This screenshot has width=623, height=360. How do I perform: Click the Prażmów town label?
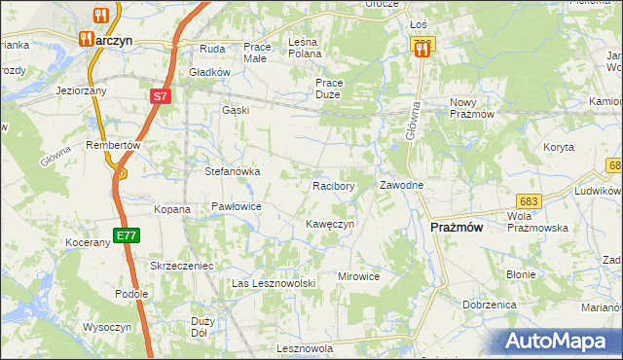pos(456,226)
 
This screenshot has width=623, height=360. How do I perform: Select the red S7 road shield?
pos(161,97)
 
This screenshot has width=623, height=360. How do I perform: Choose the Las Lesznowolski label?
pos(274,283)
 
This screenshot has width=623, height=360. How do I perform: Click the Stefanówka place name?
pos(232,171)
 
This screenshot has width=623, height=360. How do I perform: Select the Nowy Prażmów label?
pos(474,108)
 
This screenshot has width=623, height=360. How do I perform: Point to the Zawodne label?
pos(401,185)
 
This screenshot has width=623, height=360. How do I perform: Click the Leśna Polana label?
pos(312,48)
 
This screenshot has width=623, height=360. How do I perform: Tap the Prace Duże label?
pos(334,90)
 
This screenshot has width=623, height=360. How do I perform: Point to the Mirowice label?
pos(358,276)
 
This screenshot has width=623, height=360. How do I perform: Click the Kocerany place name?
pos(92,242)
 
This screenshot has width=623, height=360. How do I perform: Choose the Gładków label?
pos(209,72)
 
